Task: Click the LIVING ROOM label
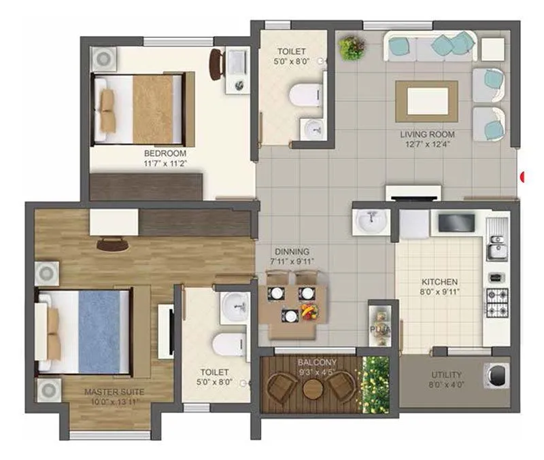[x=427, y=134]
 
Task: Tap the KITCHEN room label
[x=439, y=281]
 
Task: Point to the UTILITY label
[x=447, y=374]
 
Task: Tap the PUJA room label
[x=378, y=330]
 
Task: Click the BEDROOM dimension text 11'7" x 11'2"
[x=165, y=163]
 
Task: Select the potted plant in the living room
[x=352, y=48]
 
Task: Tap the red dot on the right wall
[x=522, y=177]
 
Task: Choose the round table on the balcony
[x=311, y=389]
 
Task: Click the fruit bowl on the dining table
[x=310, y=313]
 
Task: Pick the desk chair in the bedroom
[x=216, y=64]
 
